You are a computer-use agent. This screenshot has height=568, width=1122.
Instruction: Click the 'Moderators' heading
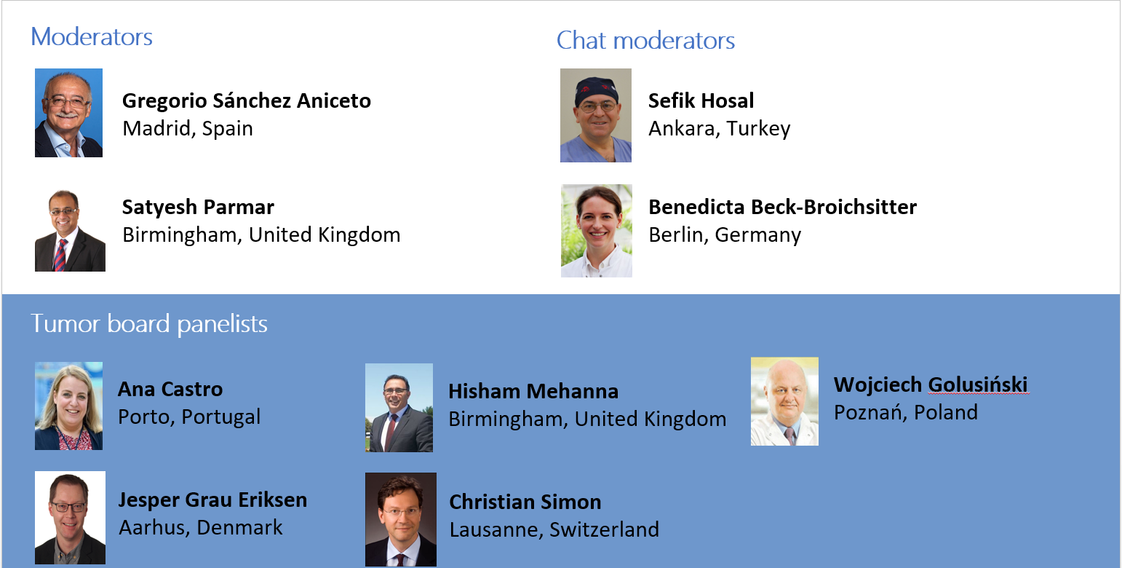coord(92,37)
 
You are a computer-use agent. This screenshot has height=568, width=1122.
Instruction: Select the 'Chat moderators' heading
coord(645,41)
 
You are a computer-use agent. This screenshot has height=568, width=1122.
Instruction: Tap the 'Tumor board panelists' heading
coord(149,323)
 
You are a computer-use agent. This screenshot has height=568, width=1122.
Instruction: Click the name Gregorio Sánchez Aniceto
coord(247,100)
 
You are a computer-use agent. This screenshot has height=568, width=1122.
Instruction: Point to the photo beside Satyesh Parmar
coord(70,231)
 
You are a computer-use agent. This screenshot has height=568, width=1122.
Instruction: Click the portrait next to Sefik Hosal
coord(595,115)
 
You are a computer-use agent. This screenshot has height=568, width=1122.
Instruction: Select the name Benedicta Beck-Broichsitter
coord(782,207)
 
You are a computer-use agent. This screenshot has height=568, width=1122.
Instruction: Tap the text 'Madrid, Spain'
coord(188,129)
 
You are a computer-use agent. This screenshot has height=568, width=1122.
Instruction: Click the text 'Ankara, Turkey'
coord(719,129)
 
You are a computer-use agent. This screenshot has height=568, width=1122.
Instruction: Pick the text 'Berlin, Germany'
coord(725,235)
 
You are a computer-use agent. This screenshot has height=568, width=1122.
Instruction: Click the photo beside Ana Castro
coord(68,406)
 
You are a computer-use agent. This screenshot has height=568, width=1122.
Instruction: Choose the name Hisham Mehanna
coord(533,391)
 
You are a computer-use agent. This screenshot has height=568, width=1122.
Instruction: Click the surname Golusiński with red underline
coord(978,384)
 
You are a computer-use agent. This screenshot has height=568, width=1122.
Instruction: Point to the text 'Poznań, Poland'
coord(905,412)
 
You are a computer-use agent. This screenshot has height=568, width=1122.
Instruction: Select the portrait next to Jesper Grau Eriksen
coord(70,517)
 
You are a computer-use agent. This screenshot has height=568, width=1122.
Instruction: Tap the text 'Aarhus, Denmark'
coord(200,527)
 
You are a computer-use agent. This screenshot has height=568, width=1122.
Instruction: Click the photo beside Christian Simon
coord(400,519)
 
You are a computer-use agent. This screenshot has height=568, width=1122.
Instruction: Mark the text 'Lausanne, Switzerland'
coord(554,529)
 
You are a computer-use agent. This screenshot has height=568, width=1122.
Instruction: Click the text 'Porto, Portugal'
coord(189,417)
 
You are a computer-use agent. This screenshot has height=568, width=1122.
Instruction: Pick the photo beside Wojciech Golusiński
coord(784,401)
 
